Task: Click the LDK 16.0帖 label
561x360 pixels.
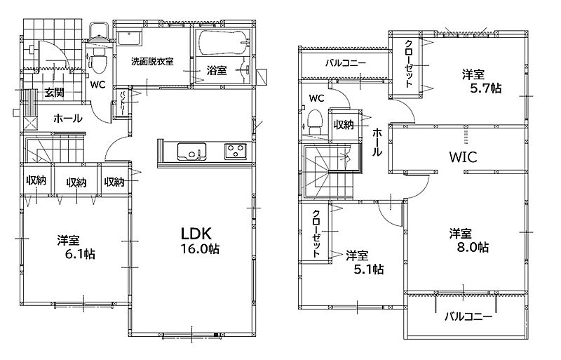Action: pyautogui.click(x=200, y=241)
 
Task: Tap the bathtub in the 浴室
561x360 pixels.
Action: pyautogui.click(x=222, y=43)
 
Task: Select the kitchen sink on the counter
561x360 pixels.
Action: pyautogui.click(x=191, y=152)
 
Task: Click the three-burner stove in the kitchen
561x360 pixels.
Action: pyautogui.click(x=235, y=151)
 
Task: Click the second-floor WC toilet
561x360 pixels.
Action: pyautogui.click(x=314, y=120)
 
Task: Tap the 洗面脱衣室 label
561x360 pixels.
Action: pyautogui.click(x=152, y=61)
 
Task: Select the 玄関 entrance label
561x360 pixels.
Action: pyautogui.click(x=55, y=93)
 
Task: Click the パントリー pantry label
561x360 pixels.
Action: pyautogui.click(x=122, y=103)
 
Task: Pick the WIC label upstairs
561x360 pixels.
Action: pyautogui.click(x=463, y=157)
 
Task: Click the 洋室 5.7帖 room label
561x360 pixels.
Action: pyautogui.click(x=481, y=81)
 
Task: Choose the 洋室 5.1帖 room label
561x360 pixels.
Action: pyautogui.click(x=365, y=262)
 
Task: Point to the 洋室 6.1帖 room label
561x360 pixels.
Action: pyautogui.click(x=76, y=247)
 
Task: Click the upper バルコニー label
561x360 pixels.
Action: pyautogui.click(x=346, y=63)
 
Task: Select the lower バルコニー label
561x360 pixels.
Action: pyautogui.click(x=468, y=316)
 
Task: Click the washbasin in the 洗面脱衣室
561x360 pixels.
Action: pyautogui.click(x=130, y=38)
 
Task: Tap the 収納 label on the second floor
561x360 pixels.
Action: pyautogui.click(x=344, y=125)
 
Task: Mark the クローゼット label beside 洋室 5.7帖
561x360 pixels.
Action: pyautogui.click(x=409, y=64)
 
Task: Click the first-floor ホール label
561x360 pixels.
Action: pyautogui.click(x=67, y=118)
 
